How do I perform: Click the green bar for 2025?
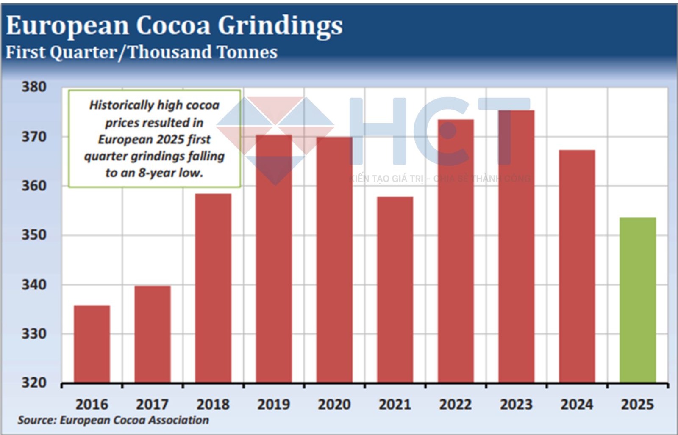[x=637, y=300]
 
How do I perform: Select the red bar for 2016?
[x=92, y=344]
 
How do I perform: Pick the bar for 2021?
[x=395, y=290]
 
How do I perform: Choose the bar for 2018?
[x=213, y=288]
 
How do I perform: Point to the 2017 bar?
[x=153, y=334]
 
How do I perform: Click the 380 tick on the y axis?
[x=34, y=87]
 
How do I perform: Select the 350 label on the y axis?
[x=34, y=235]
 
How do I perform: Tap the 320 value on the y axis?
[x=34, y=383]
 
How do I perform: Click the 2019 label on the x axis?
[x=274, y=405]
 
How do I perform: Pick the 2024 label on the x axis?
[x=577, y=405]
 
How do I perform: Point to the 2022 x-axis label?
[x=456, y=405]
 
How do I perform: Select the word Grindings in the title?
[x=280, y=26]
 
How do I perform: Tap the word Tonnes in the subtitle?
[x=247, y=52]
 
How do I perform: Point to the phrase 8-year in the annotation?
[x=157, y=173]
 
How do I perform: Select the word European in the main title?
[x=67, y=26]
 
